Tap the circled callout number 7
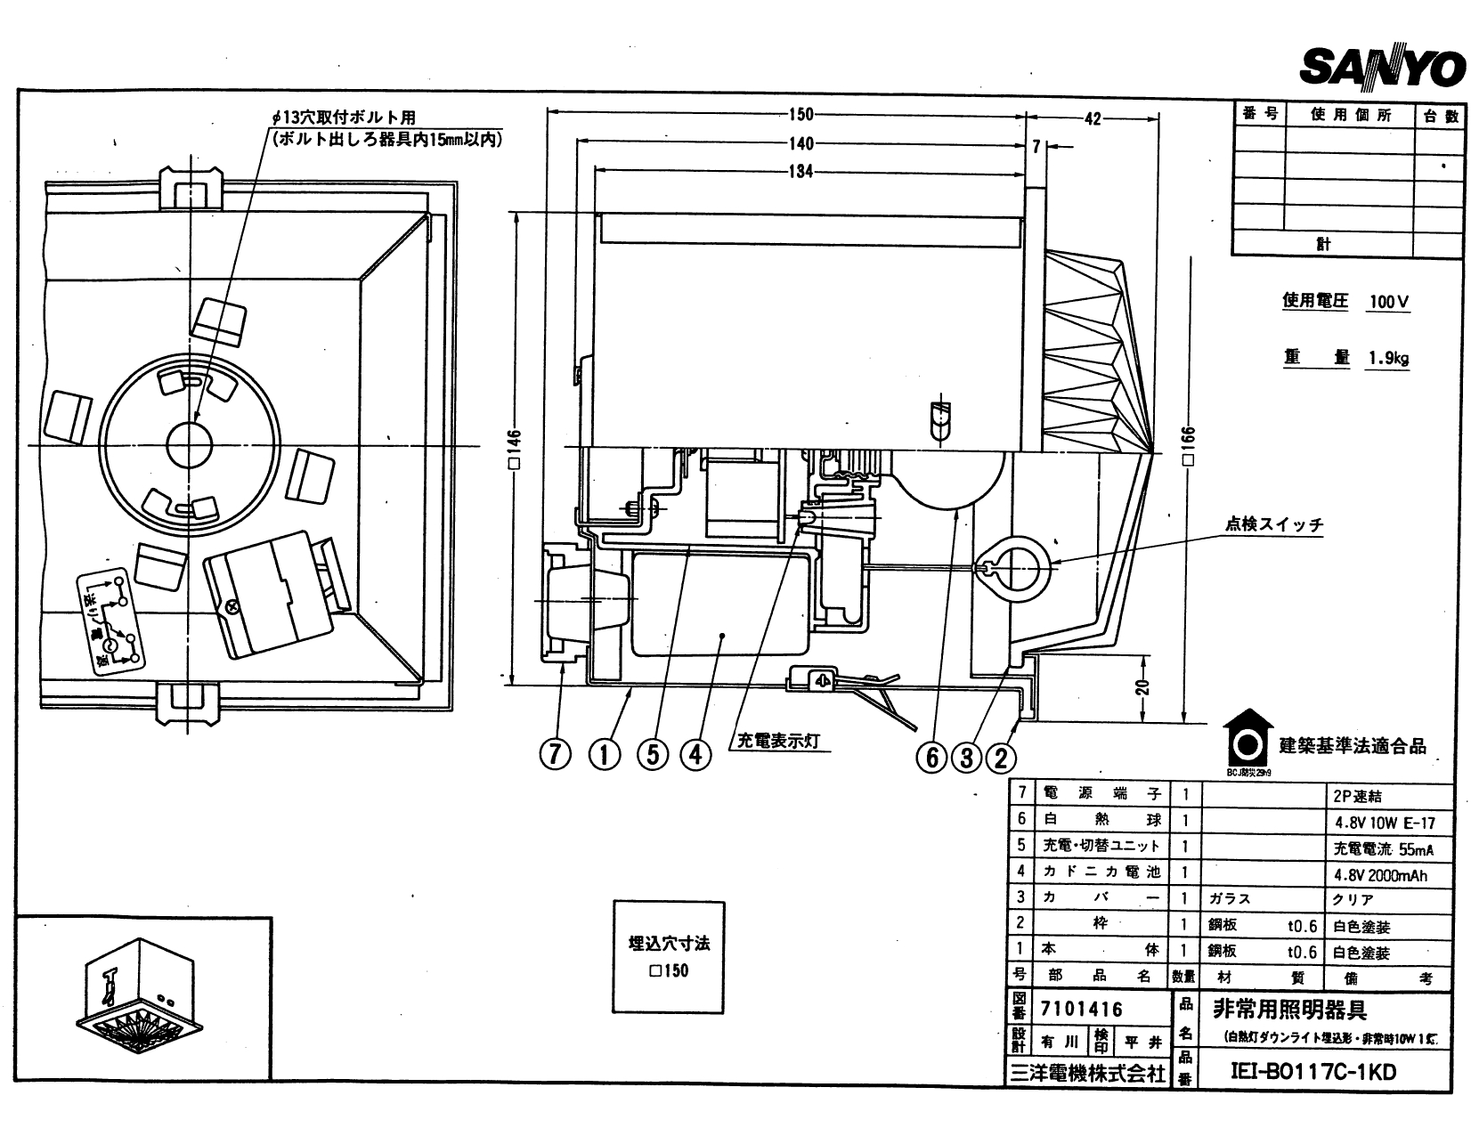pos(555,755)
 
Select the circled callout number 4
pos(695,755)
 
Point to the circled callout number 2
pos(1001,758)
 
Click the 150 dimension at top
pos(801,114)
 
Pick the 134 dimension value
pos(801,171)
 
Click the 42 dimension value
pos(1093,118)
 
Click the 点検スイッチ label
pos(1274,523)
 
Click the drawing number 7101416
pos(1081,1010)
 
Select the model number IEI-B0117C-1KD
pos(1313,1072)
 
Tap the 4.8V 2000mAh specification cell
pos(1379,874)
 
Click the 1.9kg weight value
pos(1388,359)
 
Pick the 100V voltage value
pos(1388,302)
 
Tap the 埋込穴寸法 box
pos(669,956)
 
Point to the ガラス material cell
pos(1230,899)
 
